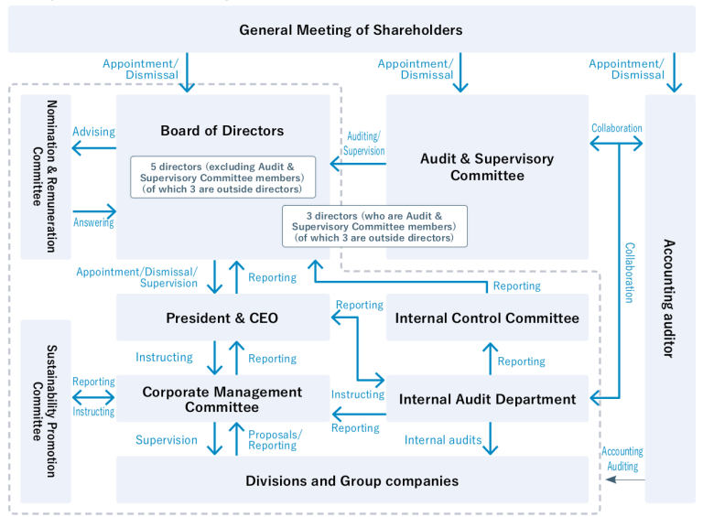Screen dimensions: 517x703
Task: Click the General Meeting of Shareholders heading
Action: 351,30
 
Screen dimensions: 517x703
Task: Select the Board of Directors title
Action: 222,131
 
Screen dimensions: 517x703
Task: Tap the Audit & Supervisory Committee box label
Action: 487,167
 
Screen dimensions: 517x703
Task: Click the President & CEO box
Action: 222,318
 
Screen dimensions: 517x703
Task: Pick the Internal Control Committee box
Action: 487,318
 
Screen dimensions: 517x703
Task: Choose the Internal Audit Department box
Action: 487,399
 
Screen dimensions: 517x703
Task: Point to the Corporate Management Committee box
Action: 222,399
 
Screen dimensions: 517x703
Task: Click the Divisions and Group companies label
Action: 351,480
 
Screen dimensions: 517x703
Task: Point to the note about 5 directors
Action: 222,177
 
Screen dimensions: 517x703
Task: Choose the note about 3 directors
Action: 374,225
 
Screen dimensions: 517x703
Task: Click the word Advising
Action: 93,132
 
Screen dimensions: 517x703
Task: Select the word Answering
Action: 93,222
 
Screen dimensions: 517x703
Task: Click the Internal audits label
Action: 443,440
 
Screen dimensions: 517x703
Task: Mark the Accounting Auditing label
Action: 622,458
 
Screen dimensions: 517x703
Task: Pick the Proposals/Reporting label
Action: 275,439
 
